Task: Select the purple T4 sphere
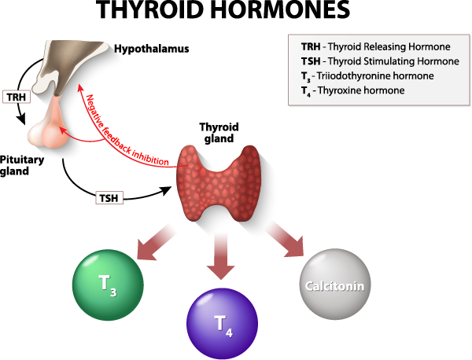(x=223, y=322)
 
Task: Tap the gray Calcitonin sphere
(x=335, y=284)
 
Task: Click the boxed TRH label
(x=16, y=97)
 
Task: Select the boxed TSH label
(x=109, y=197)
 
